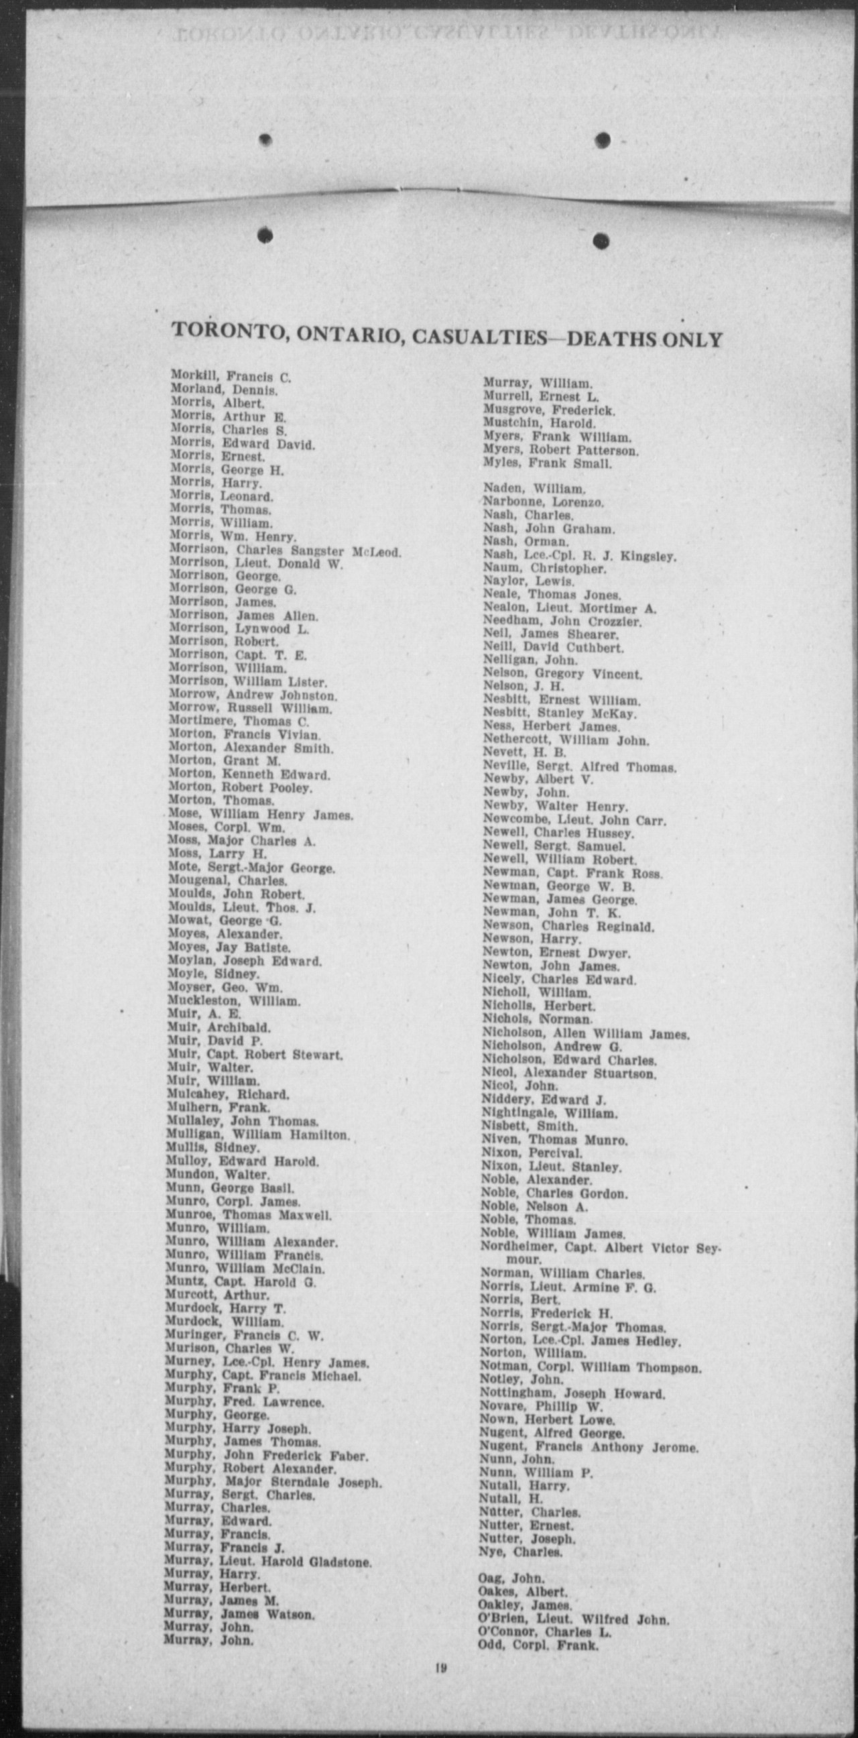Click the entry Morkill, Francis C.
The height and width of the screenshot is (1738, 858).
230,376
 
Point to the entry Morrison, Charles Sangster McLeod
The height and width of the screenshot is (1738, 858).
285,551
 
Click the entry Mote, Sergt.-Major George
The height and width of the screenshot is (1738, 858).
251,868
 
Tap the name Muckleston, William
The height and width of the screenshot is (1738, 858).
233,1000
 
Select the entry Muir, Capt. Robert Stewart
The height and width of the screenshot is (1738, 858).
254,1054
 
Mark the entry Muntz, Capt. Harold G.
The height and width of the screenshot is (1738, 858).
240,1282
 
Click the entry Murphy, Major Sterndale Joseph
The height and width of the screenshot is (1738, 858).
273,1483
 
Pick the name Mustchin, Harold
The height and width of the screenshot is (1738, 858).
539,424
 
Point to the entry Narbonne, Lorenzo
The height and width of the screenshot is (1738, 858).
543,502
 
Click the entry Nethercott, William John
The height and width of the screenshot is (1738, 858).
566,740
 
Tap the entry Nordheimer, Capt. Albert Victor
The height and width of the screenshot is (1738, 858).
600,1247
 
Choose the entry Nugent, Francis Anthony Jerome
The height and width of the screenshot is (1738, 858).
588,1447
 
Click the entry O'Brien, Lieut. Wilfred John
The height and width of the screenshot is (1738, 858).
573,1619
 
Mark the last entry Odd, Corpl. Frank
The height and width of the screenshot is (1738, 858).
538,1645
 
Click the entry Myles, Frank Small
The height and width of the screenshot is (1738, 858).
547,463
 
